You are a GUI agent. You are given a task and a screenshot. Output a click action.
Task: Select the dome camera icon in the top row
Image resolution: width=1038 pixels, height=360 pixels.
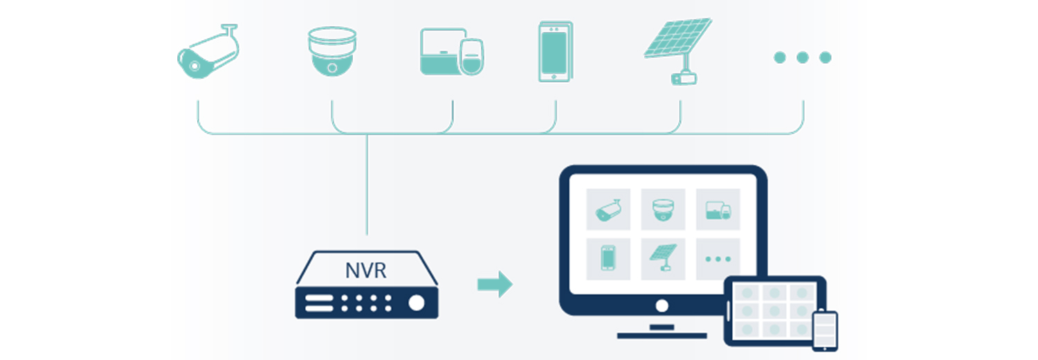click(332, 51)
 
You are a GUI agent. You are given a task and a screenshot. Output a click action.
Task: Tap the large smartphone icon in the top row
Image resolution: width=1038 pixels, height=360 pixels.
click(556, 51)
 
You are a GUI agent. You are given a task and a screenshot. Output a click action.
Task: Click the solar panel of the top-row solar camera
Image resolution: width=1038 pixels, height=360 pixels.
click(678, 37)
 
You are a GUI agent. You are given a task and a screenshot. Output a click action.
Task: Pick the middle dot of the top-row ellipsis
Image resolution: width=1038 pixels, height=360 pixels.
click(803, 57)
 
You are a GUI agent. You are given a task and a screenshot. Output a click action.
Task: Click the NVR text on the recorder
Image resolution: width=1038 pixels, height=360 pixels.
click(366, 271)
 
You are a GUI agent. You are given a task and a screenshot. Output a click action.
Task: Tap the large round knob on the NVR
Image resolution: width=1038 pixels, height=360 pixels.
click(416, 303)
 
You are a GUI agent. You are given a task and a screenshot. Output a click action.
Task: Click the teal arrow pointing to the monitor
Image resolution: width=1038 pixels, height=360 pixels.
click(495, 284)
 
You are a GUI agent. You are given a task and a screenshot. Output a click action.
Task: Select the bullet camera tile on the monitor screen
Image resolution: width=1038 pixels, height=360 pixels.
click(608, 209)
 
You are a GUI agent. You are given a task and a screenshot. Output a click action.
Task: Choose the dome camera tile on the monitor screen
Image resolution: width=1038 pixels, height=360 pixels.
click(663, 209)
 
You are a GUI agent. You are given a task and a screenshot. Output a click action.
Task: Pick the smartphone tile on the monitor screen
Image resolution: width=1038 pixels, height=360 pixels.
click(608, 259)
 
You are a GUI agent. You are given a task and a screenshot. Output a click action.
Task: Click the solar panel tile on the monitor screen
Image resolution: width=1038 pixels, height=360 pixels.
click(663, 259)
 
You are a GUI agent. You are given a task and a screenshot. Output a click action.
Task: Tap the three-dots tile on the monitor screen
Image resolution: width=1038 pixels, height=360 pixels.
click(718, 259)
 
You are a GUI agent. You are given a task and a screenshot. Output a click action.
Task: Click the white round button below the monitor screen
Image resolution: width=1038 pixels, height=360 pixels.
click(662, 306)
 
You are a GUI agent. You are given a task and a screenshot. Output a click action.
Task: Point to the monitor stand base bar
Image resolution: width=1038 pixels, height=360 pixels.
click(662, 336)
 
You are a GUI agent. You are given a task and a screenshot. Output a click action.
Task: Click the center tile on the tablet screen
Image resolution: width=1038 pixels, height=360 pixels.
click(774, 311)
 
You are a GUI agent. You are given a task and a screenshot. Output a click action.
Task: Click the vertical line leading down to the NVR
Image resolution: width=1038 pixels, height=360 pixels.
click(367, 185)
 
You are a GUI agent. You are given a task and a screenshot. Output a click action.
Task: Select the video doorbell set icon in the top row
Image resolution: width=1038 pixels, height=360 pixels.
click(452, 51)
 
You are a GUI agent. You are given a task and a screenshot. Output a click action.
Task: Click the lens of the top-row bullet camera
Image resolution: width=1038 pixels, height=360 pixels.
click(195, 66)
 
